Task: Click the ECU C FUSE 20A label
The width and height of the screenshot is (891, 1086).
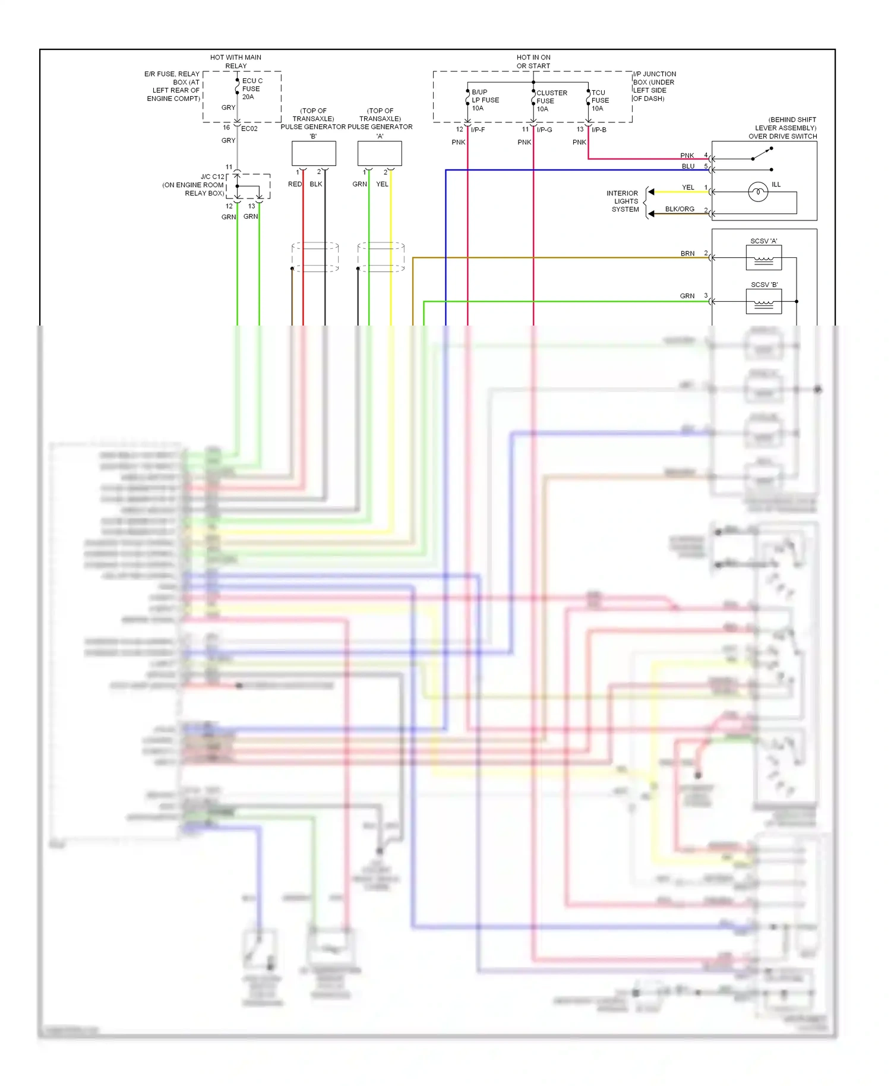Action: [x=251, y=89]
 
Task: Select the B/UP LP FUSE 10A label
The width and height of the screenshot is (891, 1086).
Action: [x=485, y=100]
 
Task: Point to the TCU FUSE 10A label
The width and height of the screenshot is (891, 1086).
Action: [x=599, y=100]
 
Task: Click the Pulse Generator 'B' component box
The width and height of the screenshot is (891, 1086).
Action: [x=314, y=153]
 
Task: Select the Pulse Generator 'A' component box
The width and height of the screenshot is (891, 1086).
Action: [x=380, y=153]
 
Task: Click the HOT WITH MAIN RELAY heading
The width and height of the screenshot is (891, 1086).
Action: [x=236, y=61]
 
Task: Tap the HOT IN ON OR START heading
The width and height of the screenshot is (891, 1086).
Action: [x=533, y=61]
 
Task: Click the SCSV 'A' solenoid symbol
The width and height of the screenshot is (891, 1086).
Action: [x=763, y=258]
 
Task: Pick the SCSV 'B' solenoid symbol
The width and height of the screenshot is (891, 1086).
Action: [x=763, y=301]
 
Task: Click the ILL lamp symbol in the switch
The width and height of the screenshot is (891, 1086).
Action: [x=758, y=192]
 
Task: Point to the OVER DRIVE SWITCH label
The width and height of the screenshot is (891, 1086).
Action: [x=782, y=136]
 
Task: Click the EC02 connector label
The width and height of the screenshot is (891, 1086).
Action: [x=249, y=128]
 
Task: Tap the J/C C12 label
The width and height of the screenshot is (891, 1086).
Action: [x=212, y=176]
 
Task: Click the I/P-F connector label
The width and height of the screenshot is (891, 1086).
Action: [x=478, y=130]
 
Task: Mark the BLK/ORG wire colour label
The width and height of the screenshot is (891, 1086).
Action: [x=680, y=209]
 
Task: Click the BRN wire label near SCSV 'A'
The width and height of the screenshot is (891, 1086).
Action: [x=687, y=254]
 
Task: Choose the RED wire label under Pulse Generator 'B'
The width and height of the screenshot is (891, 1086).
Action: [x=295, y=184]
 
